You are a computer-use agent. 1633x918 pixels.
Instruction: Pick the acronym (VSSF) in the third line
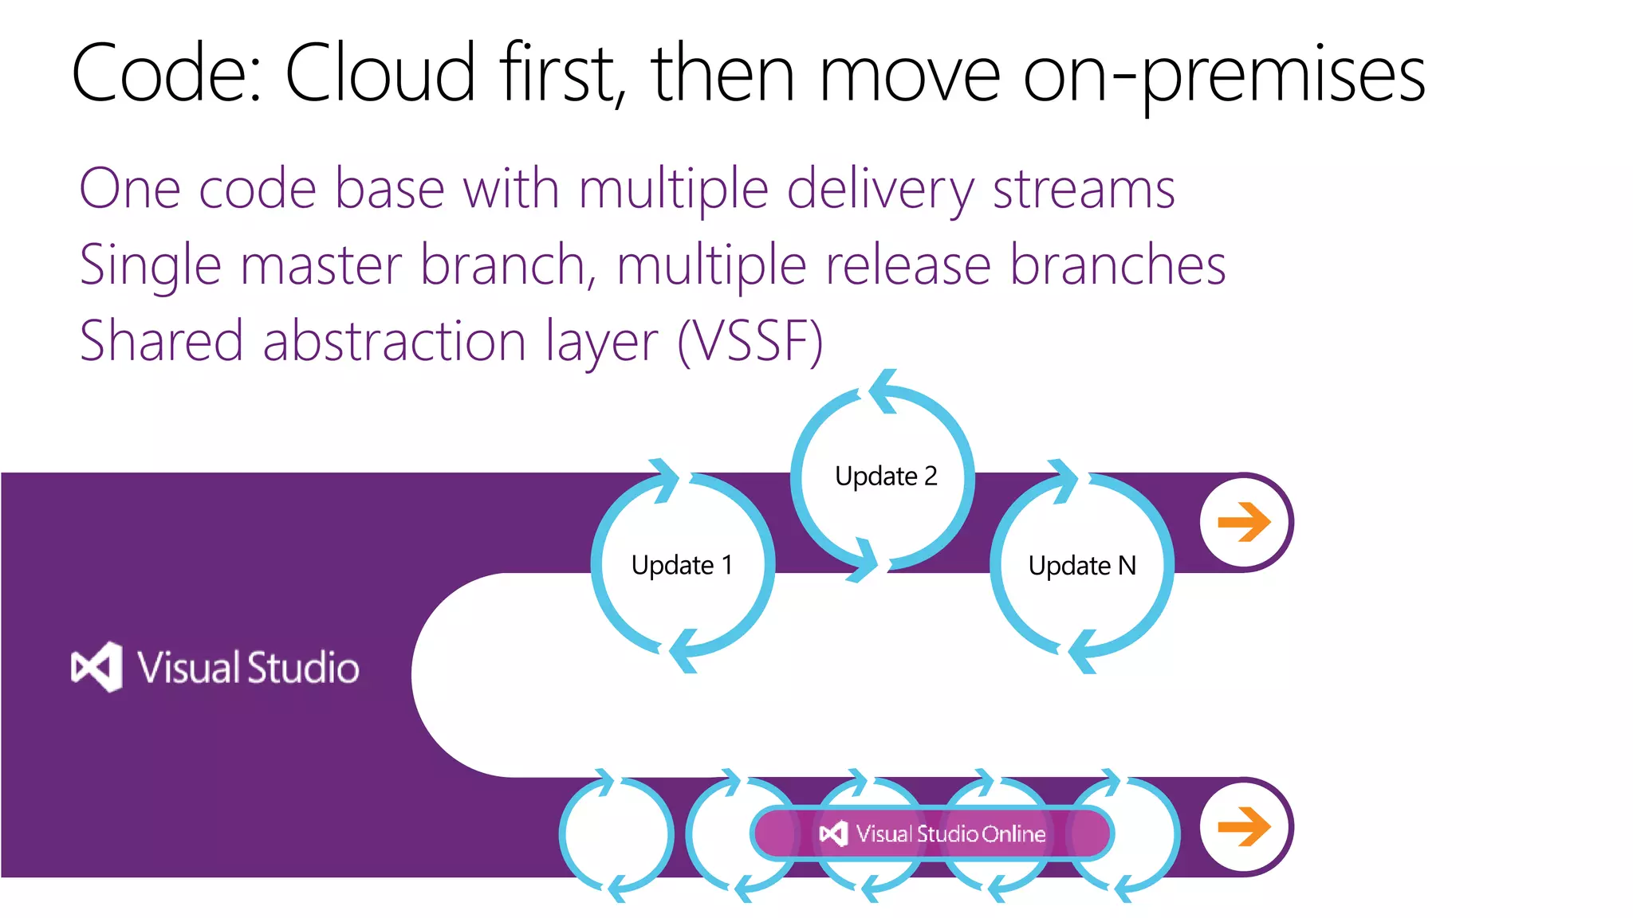[750, 341]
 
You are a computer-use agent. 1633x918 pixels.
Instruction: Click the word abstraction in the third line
[394, 341]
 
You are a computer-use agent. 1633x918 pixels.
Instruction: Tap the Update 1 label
[682, 565]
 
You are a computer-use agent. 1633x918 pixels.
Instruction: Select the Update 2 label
[885, 476]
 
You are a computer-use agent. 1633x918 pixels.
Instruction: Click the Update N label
[1081, 566]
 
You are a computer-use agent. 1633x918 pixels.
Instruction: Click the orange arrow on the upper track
[1244, 523]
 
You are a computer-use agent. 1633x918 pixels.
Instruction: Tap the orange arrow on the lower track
[1244, 826]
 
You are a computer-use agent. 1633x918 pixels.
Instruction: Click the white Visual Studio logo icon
[97, 667]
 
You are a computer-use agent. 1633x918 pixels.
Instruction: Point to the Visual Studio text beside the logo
[248, 668]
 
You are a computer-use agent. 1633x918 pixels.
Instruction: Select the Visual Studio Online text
[950, 834]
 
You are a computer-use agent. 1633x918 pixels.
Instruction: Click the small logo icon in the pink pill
[833, 834]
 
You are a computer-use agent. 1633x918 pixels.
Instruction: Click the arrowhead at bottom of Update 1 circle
[683, 650]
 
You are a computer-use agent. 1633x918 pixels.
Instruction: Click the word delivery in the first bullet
[879, 190]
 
